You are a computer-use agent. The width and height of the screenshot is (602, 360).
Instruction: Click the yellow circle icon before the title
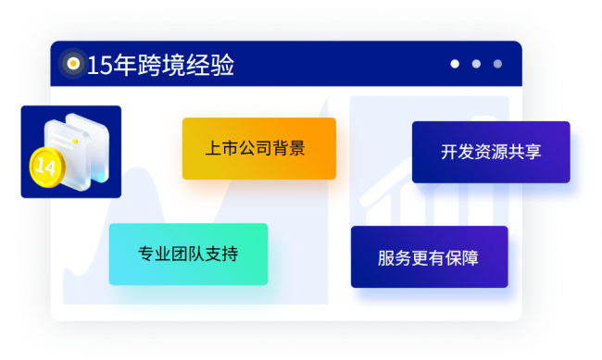pyautogui.click(x=73, y=63)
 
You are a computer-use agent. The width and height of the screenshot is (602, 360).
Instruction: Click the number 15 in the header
pyautogui.click(x=100, y=65)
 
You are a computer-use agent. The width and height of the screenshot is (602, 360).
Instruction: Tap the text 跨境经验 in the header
pyautogui.click(x=185, y=65)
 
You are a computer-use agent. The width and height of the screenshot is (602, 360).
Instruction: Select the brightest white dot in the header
pyautogui.click(x=455, y=64)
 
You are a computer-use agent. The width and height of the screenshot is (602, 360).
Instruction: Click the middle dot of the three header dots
pyautogui.click(x=476, y=64)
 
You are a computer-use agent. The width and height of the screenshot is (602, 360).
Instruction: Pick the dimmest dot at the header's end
pyautogui.click(x=497, y=64)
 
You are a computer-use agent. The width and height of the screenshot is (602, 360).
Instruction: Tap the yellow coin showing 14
pyautogui.click(x=47, y=168)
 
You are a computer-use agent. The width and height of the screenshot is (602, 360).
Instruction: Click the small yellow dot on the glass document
pyautogui.click(x=76, y=142)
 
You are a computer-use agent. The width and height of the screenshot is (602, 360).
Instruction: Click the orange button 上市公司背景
pyautogui.click(x=259, y=148)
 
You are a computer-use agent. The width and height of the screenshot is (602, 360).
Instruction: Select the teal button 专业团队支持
pyautogui.click(x=188, y=254)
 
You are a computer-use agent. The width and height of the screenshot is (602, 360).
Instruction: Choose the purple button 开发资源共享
pyautogui.click(x=491, y=152)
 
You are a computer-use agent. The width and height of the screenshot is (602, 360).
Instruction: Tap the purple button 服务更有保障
pyautogui.click(x=429, y=256)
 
